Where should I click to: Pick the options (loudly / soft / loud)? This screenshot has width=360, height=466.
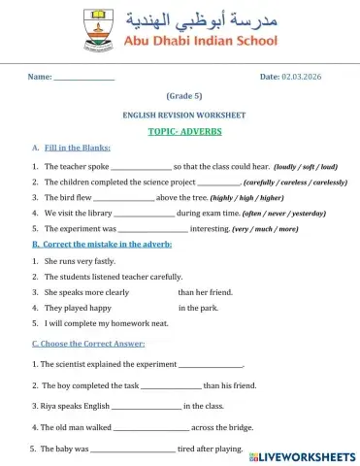[x=305, y=167]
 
